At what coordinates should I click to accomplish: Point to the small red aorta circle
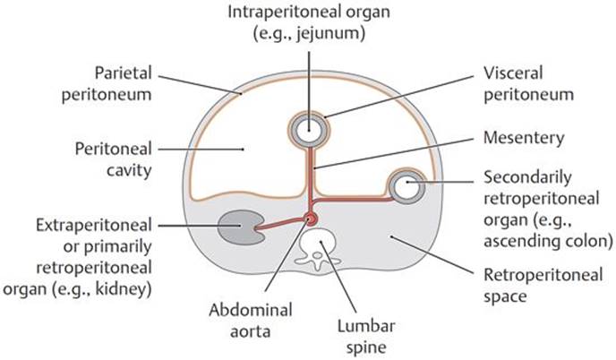click(x=312, y=219)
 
